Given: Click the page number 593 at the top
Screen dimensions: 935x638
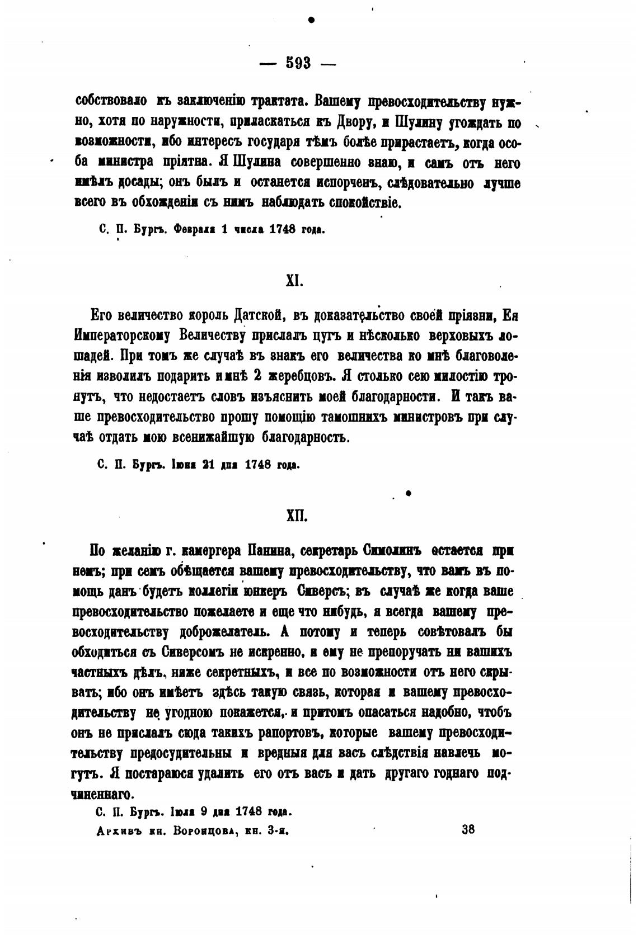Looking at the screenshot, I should click(298, 63).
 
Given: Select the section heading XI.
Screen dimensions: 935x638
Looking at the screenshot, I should click(294, 281).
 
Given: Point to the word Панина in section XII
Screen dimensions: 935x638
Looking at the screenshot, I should click(268, 551).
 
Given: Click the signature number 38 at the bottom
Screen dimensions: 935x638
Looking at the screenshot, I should click(468, 829).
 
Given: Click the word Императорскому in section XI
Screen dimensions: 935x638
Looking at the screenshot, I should click(122, 336).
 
